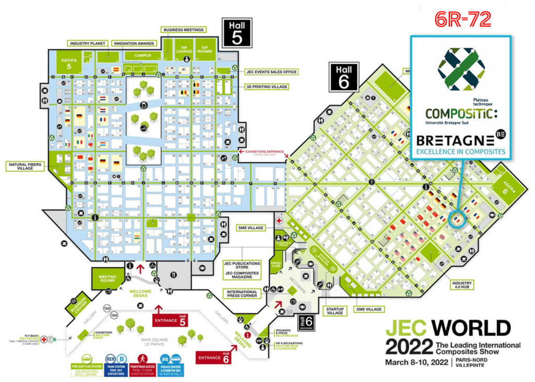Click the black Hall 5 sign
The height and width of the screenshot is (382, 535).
(237, 33)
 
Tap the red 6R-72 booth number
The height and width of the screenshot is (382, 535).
(463, 19)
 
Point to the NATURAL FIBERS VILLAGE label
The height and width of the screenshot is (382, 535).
(25, 167)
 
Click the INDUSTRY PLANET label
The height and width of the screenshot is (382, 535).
(87, 43)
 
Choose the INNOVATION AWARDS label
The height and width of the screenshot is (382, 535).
(134, 43)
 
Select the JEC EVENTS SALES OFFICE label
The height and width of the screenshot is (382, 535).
(271, 72)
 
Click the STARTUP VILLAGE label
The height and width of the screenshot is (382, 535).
(334, 311)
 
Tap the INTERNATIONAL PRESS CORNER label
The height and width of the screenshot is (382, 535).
(241, 294)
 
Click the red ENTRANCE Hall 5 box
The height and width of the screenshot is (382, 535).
(169, 320)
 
